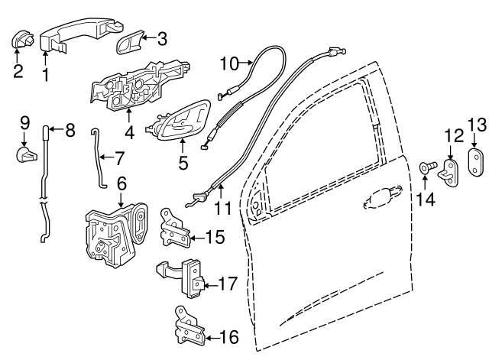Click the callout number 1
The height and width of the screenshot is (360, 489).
[45, 74]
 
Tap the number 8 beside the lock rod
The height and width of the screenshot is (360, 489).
[70, 130]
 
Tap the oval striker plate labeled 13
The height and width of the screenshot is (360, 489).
[476, 161]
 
